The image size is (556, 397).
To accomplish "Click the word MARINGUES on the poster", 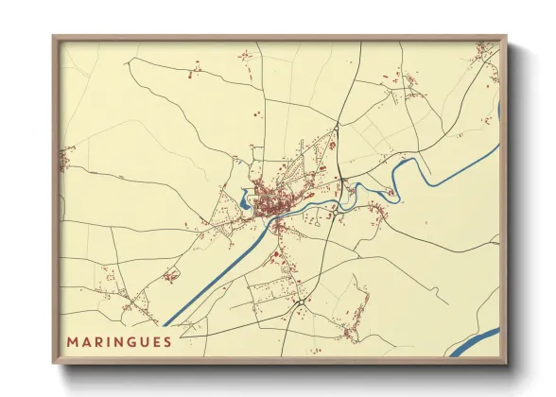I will [x=119, y=341].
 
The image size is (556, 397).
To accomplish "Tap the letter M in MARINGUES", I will [x=72, y=341].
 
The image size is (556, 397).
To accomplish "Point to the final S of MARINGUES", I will [x=167, y=341].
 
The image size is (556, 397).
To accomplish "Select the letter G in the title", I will [x=130, y=341].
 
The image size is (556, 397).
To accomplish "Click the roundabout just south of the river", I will [x=274, y=228].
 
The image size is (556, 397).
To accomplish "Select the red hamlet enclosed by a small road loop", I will [x=171, y=275].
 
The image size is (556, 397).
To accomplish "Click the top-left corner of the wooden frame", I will [x=55, y=38].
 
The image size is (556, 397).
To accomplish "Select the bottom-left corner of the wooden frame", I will [x=55, y=362].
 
